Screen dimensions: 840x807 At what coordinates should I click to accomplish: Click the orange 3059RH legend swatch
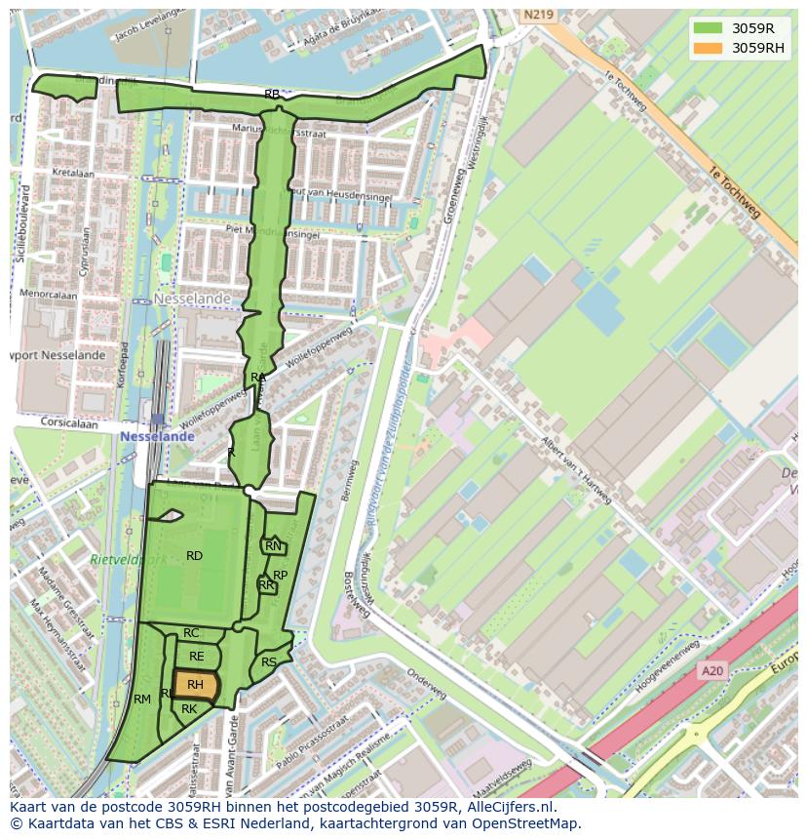point(709,48)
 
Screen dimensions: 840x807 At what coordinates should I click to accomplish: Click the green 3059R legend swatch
point(709,28)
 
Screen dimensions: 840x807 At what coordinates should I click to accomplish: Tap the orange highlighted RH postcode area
point(195,685)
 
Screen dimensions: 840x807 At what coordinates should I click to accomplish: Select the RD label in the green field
point(194,556)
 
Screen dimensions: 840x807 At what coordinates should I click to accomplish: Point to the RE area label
point(197,657)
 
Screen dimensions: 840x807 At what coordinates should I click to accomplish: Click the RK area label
point(189,709)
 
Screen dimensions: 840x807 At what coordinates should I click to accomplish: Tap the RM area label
point(142,700)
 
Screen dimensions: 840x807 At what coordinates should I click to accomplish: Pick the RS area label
point(269,662)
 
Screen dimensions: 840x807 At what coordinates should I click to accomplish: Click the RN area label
point(273,546)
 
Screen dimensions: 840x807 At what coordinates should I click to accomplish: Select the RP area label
point(280,576)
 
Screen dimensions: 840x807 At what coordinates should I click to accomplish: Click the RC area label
point(191,634)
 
